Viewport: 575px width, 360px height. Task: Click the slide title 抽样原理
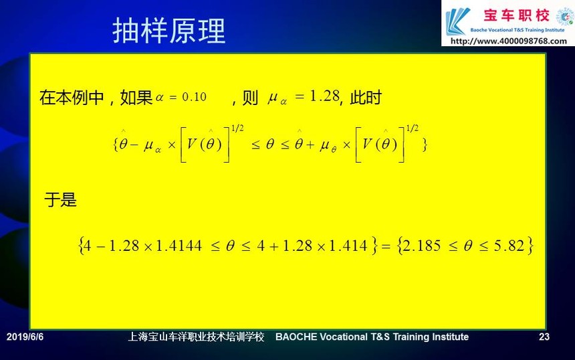168,31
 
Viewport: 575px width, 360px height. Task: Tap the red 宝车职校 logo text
516,15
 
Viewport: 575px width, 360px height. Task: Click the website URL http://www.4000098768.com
508,41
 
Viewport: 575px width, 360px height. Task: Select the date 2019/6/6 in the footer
25,337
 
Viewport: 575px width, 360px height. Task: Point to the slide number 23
544,337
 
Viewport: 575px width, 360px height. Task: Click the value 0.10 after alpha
195,97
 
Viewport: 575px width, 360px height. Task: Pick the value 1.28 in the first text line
324,96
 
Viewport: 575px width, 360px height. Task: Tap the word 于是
60,200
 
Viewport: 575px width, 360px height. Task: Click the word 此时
366,97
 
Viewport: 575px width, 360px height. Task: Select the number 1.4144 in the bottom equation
179,246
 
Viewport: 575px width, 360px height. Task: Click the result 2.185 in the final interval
422,246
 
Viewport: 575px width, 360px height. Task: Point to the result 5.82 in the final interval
509,246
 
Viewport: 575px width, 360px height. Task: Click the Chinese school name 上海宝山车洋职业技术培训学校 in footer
196,337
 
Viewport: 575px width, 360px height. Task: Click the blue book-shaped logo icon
457,21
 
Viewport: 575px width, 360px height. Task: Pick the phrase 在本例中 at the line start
72,98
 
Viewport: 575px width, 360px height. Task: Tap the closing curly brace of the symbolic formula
425,145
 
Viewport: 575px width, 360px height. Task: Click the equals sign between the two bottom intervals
386,246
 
